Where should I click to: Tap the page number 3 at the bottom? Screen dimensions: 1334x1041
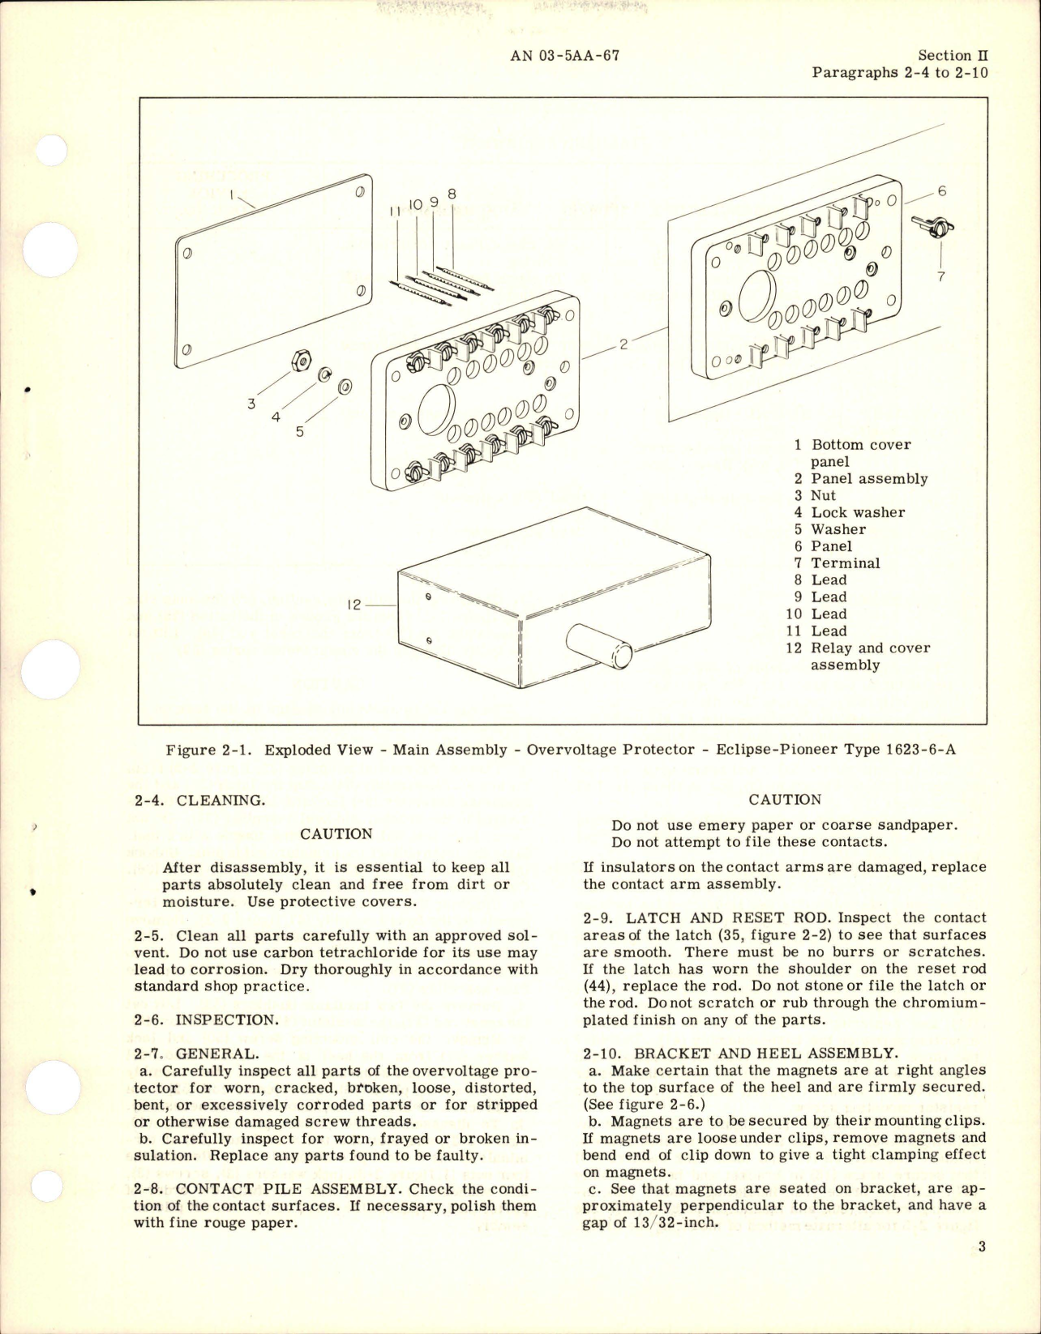pos(981,1268)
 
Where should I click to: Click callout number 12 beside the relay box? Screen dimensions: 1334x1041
pos(353,605)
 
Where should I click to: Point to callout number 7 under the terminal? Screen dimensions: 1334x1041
pos(940,276)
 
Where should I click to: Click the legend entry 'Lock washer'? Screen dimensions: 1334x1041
pos(858,512)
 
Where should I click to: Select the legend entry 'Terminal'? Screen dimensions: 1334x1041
pos(845,563)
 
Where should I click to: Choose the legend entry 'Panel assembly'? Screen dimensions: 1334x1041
pos(869,479)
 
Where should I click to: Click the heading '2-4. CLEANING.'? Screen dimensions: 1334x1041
pos(199,800)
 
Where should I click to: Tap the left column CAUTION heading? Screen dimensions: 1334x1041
pos(336,834)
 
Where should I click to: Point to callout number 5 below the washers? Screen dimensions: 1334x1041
pos(300,432)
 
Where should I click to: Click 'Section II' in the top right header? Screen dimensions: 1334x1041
pos(953,55)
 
